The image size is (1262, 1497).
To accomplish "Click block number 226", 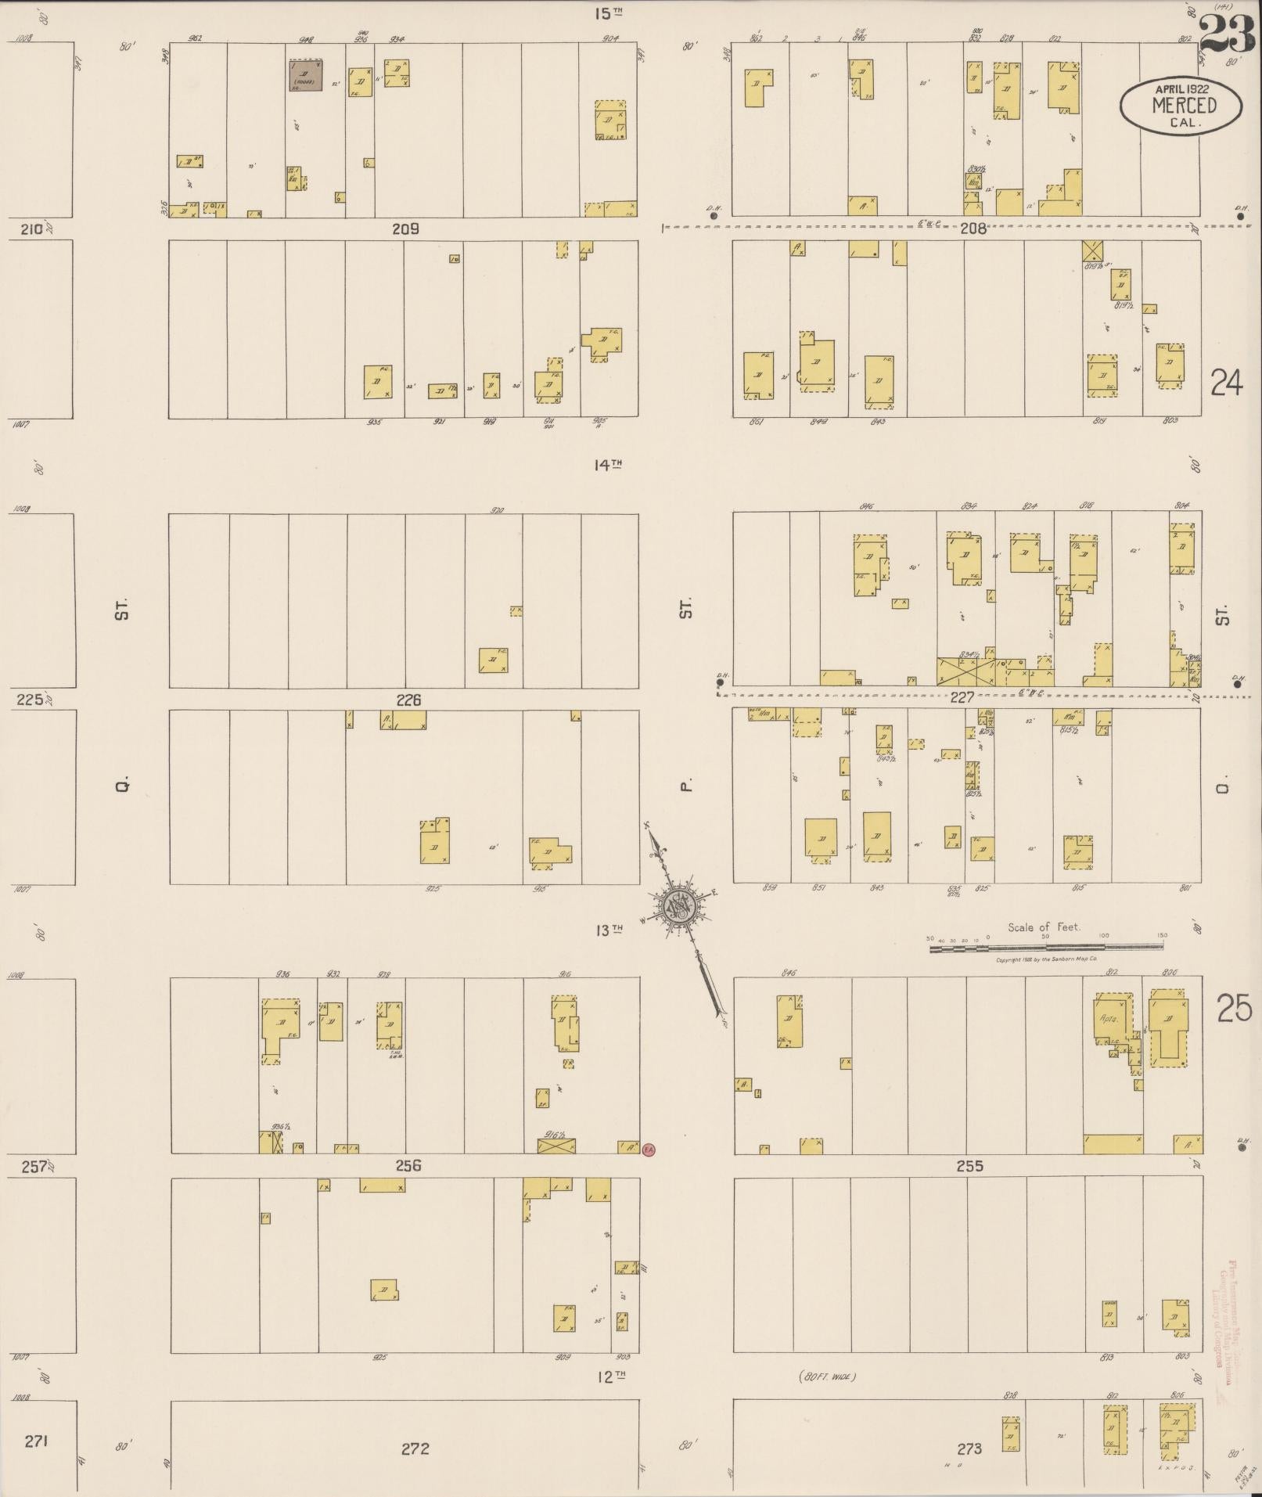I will [x=408, y=700].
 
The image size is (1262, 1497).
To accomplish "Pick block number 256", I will [x=408, y=1165].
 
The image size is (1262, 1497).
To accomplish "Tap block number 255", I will [x=969, y=1165].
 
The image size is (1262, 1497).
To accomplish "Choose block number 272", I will [x=415, y=1448].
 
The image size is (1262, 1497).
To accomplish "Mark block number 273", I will [x=969, y=1448].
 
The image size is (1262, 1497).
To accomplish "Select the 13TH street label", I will [x=608, y=930].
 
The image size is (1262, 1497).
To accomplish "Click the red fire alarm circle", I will [x=648, y=1150].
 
